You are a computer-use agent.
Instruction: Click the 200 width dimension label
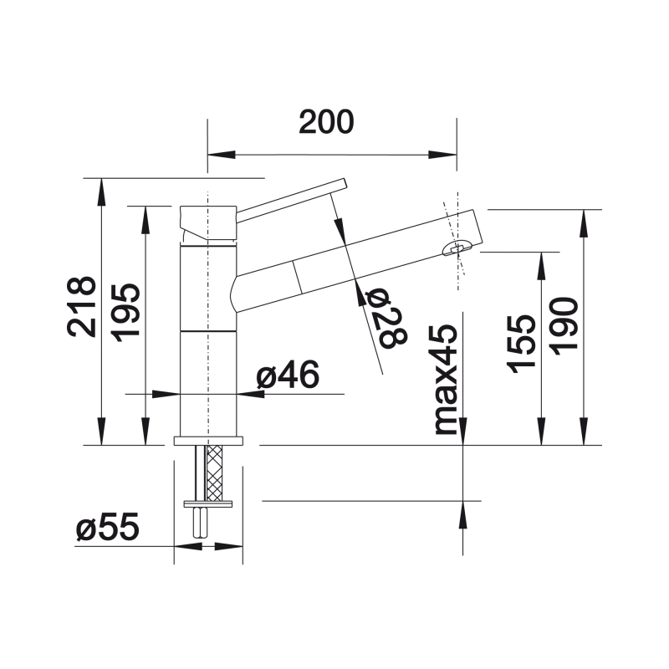click(326, 122)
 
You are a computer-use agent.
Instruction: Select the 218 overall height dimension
click(81, 306)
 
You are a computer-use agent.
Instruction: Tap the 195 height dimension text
click(126, 312)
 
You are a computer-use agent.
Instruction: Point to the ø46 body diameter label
click(288, 374)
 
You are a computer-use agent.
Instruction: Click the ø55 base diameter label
click(108, 527)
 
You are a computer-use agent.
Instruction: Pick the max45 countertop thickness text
click(446, 380)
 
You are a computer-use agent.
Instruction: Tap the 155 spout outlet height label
click(521, 344)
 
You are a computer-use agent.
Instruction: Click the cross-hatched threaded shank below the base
click(214, 472)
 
